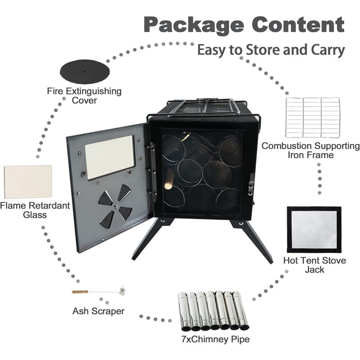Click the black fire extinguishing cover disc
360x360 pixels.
point(85,72)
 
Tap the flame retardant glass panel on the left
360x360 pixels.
point(28,182)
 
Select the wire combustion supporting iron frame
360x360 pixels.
point(313,117)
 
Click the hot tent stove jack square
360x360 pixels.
point(314,229)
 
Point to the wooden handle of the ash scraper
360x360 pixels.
point(80,292)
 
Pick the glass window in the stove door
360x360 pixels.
point(109,157)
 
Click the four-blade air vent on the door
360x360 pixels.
point(115,206)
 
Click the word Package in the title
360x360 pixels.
point(194,25)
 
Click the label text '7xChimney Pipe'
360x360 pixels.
point(216,339)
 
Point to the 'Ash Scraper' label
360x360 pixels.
point(99,311)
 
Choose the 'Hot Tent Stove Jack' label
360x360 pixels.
point(315,265)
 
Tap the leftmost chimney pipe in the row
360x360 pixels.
point(183,311)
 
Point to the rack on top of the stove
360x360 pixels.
point(202,107)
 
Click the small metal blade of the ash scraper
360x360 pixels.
point(122,290)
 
